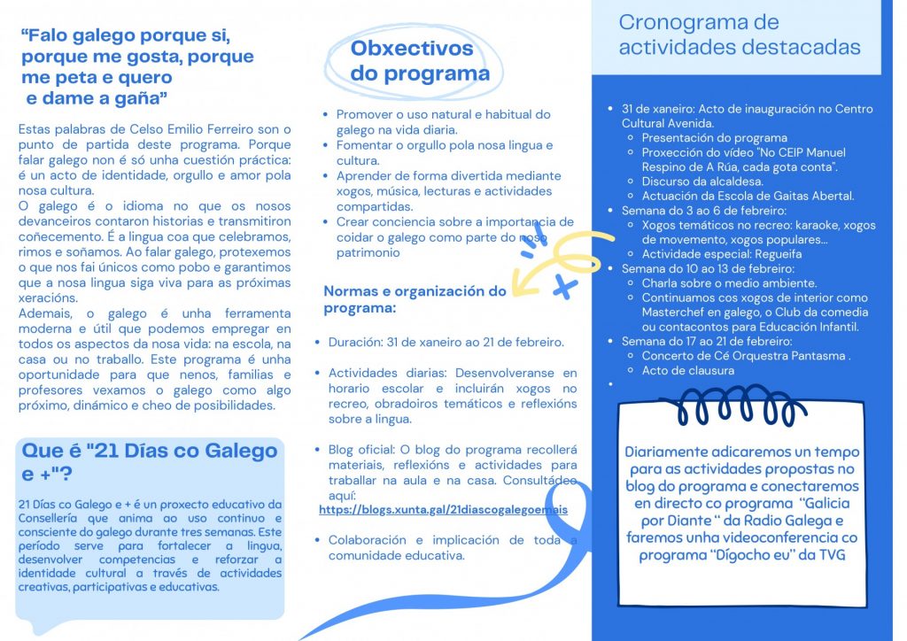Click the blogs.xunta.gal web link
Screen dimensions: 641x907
tap(443, 510)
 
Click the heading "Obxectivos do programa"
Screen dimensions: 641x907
tap(419, 61)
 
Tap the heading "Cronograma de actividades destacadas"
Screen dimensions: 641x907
tap(739, 35)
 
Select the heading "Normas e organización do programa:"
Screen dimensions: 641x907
tap(415, 299)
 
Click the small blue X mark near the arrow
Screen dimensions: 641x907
tap(562, 285)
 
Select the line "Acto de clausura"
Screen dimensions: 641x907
tap(687, 370)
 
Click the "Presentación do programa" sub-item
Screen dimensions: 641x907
tap(714, 138)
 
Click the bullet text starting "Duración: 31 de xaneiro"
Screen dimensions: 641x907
tap(446, 342)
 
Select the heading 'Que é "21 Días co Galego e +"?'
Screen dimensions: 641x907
tap(149, 461)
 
